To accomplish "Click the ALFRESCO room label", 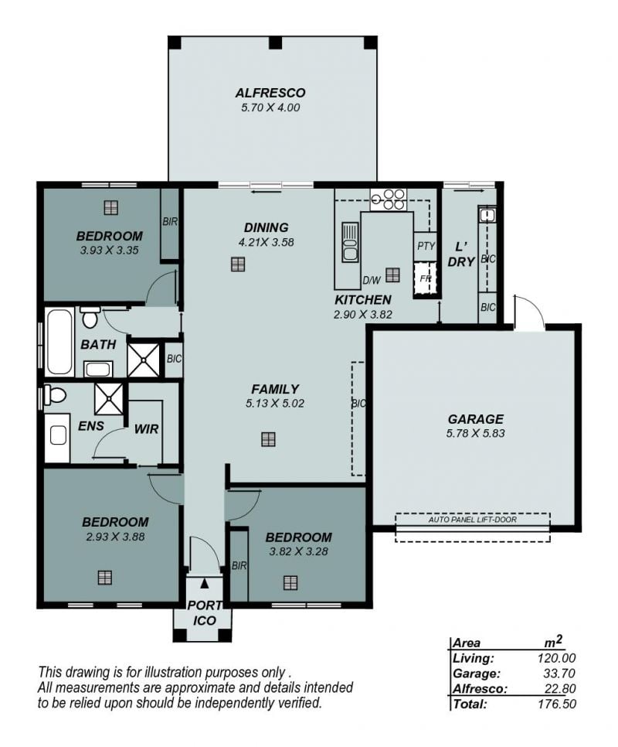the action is pyautogui.click(x=270, y=93).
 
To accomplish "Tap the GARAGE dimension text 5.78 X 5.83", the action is pyautogui.click(x=475, y=434).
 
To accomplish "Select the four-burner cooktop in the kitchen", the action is pyautogui.click(x=389, y=200).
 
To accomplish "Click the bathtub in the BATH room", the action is pyautogui.click(x=60, y=342).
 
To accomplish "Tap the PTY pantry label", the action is pyautogui.click(x=426, y=246).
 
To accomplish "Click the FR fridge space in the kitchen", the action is pyautogui.click(x=425, y=278).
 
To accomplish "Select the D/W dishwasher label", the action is pyautogui.click(x=372, y=281).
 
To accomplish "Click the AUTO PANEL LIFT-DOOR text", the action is pyautogui.click(x=473, y=520).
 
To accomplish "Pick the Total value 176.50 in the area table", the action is pyautogui.click(x=557, y=704).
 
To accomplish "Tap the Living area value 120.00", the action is pyautogui.click(x=557, y=658).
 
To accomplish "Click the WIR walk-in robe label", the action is pyautogui.click(x=146, y=428).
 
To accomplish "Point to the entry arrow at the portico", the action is pyautogui.click(x=205, y=582).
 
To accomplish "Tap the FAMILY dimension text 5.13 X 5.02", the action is pyautogui.click(x=275, y=404).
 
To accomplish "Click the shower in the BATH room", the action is pyautogui.click(x=144, y=360).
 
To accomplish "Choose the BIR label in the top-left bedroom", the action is pyautogui.click(x=170, y=221).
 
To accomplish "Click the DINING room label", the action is pyautogui.click(x=266, y=227).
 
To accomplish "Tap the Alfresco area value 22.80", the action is pyautogui.click(x=560, y=688).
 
